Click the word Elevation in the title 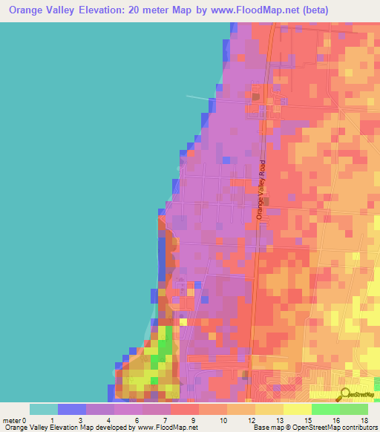pos(108,10)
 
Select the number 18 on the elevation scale pos(364,419)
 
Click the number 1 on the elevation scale pos(51,419)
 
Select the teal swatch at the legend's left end pos(44,409)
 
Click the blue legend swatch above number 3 pos(72,409)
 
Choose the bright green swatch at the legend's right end pos(354,409)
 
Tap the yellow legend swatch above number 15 pos(297,409)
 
